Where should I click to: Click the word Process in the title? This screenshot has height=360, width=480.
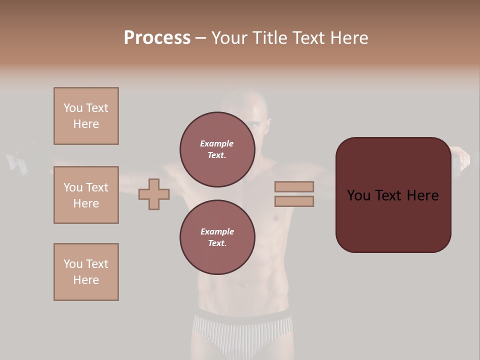tap(157, 38)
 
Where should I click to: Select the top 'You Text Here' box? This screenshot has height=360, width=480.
tap(86, 116)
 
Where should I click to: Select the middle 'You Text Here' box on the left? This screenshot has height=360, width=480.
tap(86, 195)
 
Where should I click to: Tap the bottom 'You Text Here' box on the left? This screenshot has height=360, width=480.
tap(86, 272)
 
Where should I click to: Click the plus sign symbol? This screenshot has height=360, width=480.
tap(154, 194)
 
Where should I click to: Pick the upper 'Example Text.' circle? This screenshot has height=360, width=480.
tap(217, 149)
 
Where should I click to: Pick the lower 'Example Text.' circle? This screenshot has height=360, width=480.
tap(217, 237)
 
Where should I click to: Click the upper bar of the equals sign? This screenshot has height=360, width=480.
tap(294, 186)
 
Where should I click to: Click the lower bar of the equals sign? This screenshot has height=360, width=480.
tap(294, 201)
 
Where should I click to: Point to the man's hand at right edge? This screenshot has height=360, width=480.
tap(462, 157)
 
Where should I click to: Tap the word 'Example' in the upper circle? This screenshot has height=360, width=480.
tap(217, 143)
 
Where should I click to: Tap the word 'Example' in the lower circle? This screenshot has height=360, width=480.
tap(217, 231)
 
